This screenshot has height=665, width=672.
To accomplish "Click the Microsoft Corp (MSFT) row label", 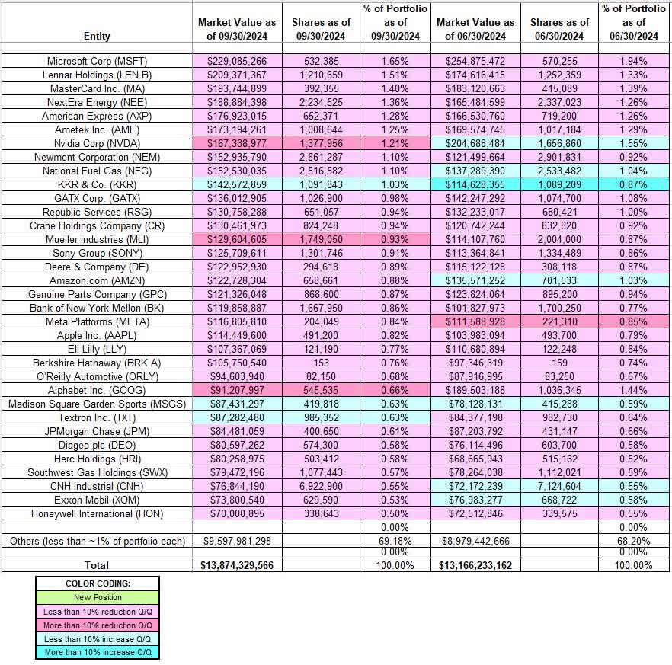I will pos(97,61).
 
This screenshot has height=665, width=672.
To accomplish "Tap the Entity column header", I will pos(97,36).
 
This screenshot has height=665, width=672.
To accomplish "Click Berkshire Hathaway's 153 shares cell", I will pos(321,363).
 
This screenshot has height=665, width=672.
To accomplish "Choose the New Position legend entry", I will pos(97,597).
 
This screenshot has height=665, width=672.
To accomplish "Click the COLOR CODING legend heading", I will pos(97,583).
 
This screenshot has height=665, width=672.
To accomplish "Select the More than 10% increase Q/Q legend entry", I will pos(97,652).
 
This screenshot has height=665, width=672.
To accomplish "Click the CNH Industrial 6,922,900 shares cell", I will pos(321,486).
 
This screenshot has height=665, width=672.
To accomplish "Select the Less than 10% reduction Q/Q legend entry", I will pos(97,611).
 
